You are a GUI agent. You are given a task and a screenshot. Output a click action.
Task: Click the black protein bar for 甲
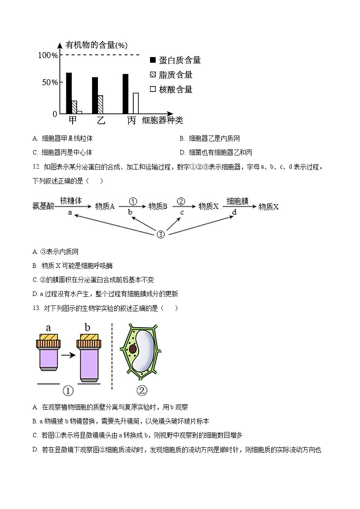69,93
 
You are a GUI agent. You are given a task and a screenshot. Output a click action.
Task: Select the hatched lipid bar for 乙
100,104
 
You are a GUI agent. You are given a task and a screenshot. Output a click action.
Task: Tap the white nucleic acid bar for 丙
136,103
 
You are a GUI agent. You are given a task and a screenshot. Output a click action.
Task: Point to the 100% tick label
48,55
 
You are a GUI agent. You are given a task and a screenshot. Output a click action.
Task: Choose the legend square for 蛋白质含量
152,60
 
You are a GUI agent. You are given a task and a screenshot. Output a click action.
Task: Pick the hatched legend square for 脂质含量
152,75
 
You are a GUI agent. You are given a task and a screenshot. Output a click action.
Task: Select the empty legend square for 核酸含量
152,89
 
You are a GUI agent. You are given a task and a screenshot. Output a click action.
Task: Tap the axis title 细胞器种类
162,121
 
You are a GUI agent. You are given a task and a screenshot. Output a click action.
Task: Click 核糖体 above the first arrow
71,200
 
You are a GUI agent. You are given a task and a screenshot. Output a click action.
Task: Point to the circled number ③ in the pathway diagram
161,234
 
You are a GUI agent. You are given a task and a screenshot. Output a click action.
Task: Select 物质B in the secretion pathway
158,206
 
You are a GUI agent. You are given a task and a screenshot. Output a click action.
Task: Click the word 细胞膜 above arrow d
237,200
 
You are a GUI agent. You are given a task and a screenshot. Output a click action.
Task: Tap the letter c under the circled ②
182,213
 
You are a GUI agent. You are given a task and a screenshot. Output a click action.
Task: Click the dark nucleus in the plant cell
132,349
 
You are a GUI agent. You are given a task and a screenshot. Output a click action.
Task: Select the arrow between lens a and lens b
68,355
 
